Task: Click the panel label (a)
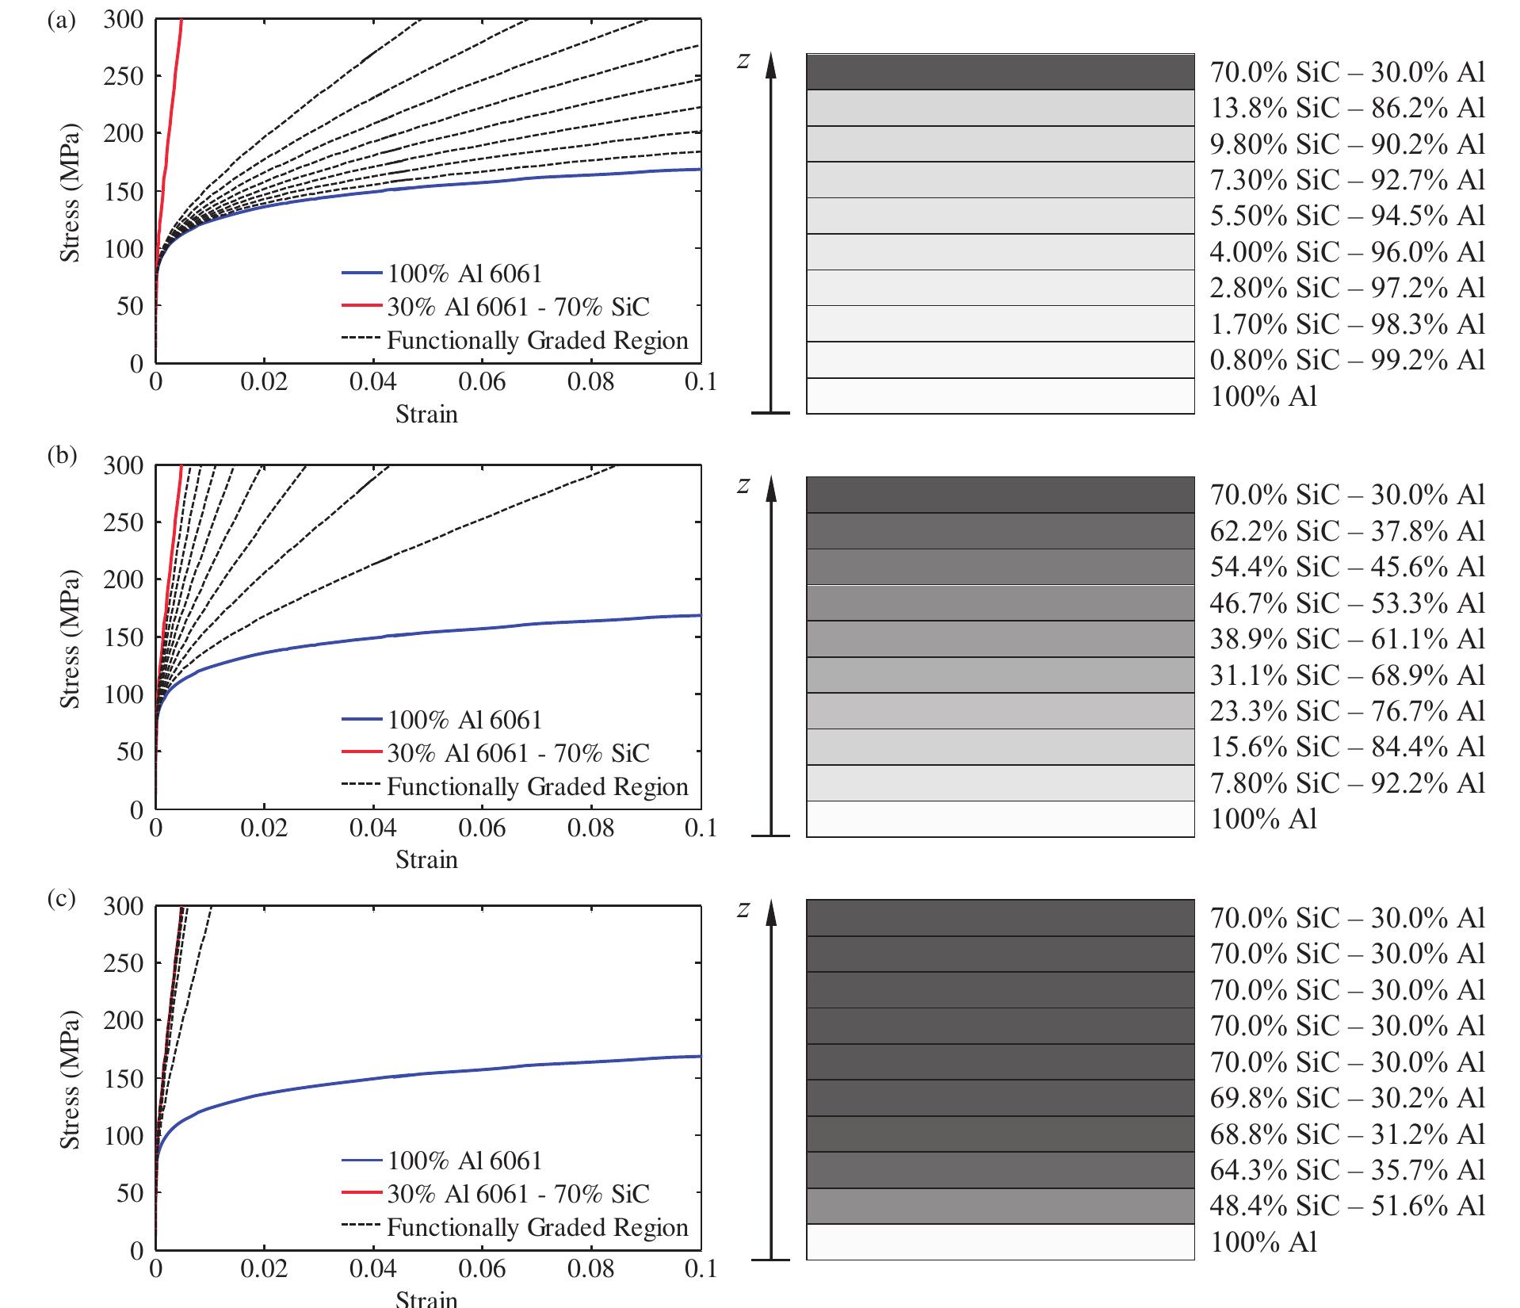[x=62, y=20]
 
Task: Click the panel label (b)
[x=62, y=455]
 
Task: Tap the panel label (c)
[x=62, y=899]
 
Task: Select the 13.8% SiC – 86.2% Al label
[x=1346, y=109]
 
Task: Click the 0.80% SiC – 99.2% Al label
[x=1346, y=361]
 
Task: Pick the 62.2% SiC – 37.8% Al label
[x=1346, y=531]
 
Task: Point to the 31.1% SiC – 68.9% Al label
[x=1346, y=675]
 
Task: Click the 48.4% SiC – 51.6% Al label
[x=1346, y=1206]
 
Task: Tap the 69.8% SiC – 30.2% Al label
[x=1346, y=1098]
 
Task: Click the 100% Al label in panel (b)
[x=1263, y=819]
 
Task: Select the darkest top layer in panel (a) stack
[x=1000, y=72]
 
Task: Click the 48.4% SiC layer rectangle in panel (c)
[x=1000, y=1206]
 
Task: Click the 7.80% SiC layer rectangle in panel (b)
[x=1000, y=783]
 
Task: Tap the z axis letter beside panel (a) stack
[x=743, y=60]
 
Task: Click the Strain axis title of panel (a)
[x=426, y=414]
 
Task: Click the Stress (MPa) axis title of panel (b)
[x=71, y=638]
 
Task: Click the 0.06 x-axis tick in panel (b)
[x=481, y=828]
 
